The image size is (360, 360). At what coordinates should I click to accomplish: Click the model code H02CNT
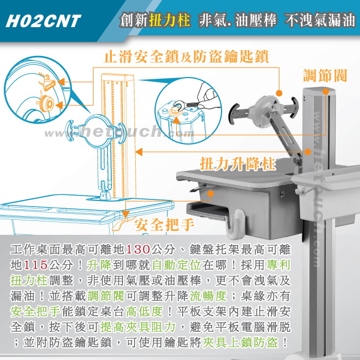[43, 22]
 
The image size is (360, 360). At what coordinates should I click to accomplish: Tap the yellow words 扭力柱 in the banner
[169, 20]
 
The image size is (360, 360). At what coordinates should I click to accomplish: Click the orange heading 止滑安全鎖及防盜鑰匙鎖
[186, 56]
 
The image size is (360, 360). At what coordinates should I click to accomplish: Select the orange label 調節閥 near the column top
[325, 75]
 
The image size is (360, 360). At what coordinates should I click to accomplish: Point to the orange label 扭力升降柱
[238, 164]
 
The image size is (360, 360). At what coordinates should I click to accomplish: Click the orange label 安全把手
[164, 225]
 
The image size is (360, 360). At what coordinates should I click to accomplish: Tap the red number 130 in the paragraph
[138, 249]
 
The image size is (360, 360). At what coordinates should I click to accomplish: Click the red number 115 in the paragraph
[35, 265]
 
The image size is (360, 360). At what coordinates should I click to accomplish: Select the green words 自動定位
[176, 265]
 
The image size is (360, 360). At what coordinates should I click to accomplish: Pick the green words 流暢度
[208, 296]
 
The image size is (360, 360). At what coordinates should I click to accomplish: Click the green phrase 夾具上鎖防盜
[240, 342]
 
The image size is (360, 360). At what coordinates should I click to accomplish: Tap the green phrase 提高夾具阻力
[138, 327]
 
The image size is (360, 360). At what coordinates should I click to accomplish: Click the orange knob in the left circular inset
[47, 104]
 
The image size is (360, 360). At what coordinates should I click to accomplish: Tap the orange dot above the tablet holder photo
[279, 93]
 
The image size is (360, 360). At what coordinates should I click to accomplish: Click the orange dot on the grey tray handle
[210, 193]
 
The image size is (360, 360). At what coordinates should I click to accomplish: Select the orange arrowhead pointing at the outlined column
[138, 152]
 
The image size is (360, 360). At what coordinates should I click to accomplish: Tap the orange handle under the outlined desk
[120, 223]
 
